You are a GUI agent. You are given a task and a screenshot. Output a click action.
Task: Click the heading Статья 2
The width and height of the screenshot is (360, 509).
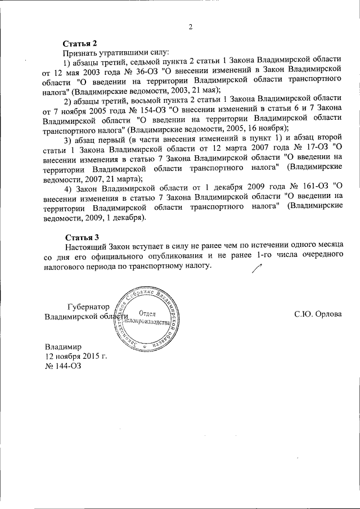(x=81, y=43)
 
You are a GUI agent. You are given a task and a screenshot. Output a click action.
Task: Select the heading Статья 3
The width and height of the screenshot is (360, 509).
(x=80, y=236)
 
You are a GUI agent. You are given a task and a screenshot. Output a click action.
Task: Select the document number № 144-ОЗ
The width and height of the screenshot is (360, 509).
(x=59, y=366)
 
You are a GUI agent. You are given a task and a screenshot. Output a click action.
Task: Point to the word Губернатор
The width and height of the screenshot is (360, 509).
(x=87, y=307)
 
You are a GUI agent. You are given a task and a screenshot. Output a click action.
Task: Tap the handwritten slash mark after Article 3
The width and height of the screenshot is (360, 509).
(x=257, y=270)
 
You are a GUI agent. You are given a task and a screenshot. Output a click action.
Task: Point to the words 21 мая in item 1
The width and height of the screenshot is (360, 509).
(x=206, y=89)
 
